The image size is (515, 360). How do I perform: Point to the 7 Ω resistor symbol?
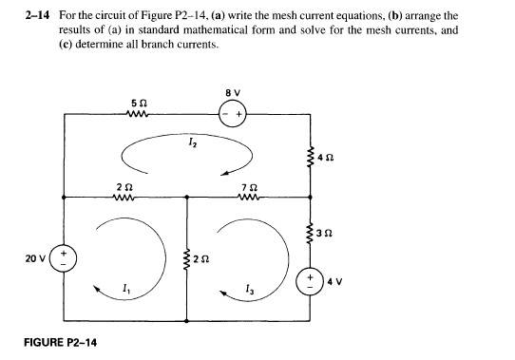click(249, 197)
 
